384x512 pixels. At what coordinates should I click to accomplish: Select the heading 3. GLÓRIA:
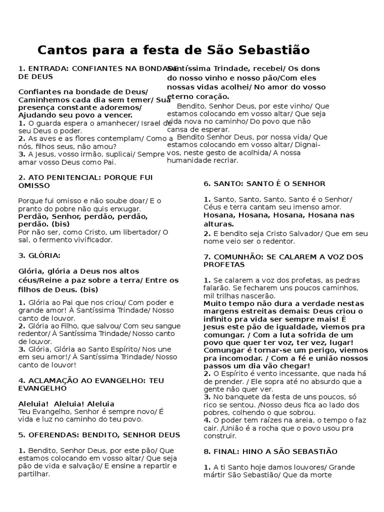39,255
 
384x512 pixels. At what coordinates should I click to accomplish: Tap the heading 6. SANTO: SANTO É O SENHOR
264,183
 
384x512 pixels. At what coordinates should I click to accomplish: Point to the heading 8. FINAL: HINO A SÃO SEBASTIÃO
270,451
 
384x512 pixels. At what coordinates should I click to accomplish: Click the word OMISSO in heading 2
34,185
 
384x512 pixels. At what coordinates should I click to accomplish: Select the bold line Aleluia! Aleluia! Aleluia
66,403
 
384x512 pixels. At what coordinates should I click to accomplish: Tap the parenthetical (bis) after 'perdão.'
60,224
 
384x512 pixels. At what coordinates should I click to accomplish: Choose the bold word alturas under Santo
218,224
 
